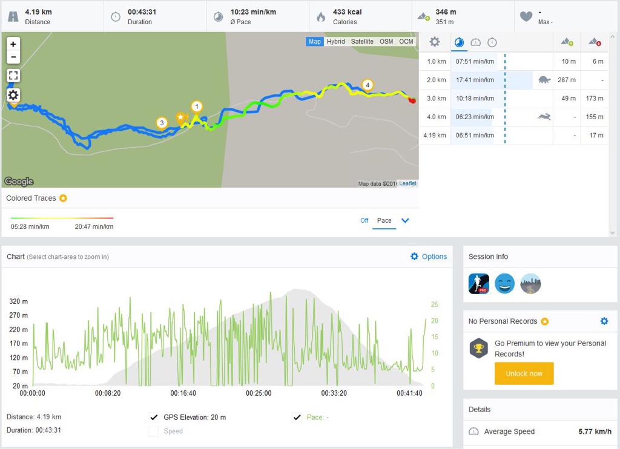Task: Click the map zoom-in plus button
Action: pos(13,44)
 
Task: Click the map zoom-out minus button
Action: pos(13,57)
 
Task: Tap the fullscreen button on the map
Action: pos(13,76)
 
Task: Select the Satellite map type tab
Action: pos(362,42)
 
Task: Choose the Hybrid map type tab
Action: pos(335,42)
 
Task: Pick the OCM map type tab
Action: pos(406,42)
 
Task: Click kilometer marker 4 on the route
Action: pos(367,85)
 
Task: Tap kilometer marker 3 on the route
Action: pos(162,123)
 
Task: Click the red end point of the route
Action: pos(412,100)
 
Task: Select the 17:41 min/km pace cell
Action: pos(475,80)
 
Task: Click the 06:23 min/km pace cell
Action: pos(475,117)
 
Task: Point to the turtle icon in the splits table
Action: pos(544,79)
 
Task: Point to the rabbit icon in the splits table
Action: pos(544,117)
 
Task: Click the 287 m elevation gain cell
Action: pos(567,80)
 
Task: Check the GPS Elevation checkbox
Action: pos(154,417)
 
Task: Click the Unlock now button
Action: pos(524,373)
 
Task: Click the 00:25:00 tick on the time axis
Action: pos(259,393)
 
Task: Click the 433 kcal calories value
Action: pos(347,11)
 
